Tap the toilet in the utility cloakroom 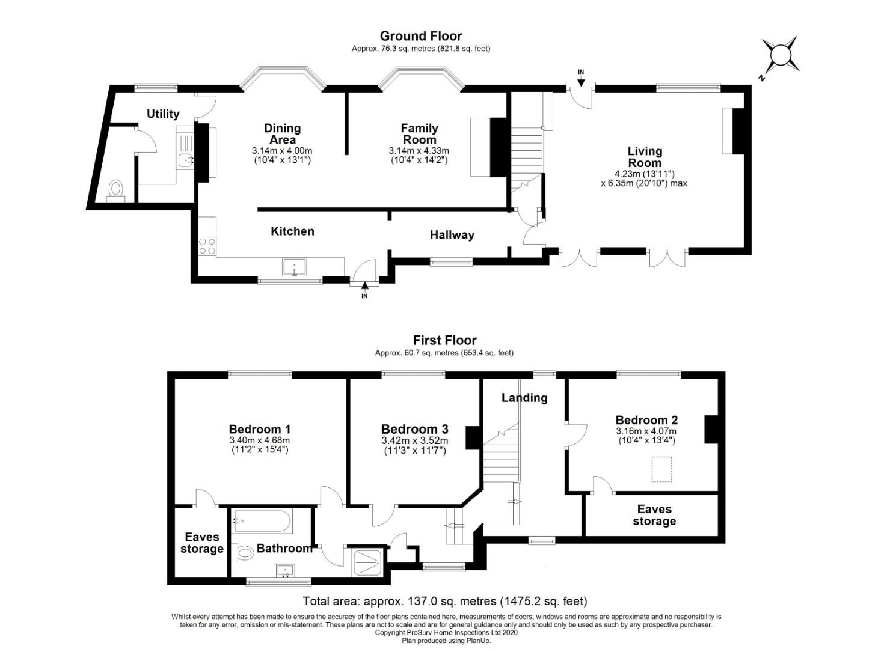click(116, 190)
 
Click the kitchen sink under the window click(295, 267)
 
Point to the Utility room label click(163, 114)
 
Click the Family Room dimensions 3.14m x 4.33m click(419, 151)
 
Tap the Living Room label click(645, 157)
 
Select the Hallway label click(452, 234)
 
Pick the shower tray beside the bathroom click(367, 562)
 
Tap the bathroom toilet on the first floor click(244, 553)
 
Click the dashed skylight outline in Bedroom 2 click(661, 469)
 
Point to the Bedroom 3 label click(414, 429)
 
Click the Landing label click(524, 398)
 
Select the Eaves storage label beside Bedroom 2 click(654, 515)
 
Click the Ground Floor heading click(421, 36)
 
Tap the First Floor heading click(444, 340)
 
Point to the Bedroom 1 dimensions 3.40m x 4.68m click(260, 440)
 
